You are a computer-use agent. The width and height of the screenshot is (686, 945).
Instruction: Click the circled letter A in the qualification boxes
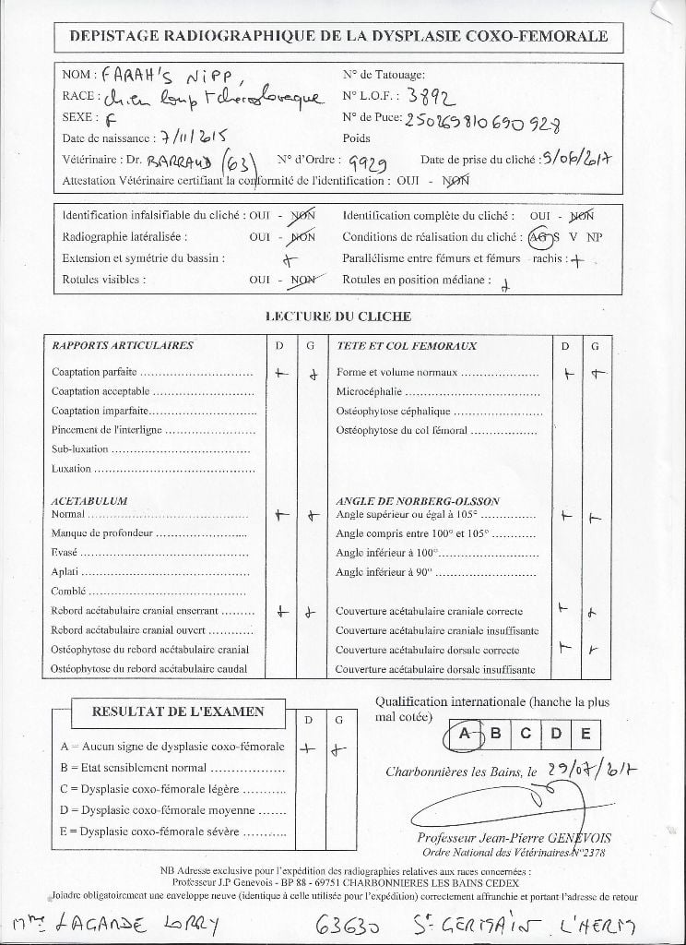(x=467, y=735)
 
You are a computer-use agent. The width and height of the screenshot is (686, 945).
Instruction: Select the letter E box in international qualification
(x=585, y=735)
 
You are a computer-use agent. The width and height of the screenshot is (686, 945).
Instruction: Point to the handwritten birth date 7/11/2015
(x=195, y=138)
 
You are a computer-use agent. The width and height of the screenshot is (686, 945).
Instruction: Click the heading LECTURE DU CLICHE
(x=337, y=317)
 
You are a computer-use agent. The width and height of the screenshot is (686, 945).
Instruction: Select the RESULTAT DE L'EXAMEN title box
(x=176, y=712)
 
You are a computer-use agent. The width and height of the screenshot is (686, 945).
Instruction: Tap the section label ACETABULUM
(x=89, y=500)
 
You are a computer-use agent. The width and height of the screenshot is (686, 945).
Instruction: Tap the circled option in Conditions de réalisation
(x=543, y=237)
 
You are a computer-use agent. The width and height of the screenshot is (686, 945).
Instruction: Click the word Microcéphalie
(x=372, y=392)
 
